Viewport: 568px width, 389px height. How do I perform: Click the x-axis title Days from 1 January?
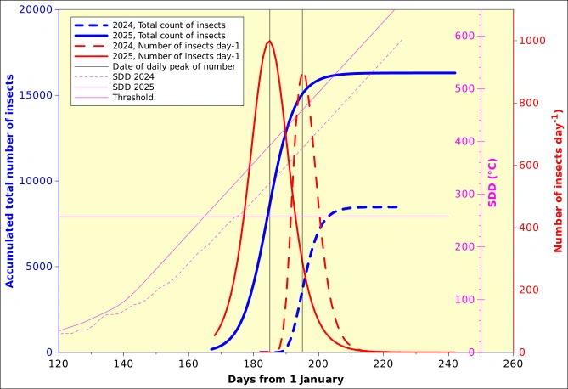[285, 379]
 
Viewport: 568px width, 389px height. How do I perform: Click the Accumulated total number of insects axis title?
[10, 181]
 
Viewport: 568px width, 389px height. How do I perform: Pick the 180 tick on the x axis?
[253, 363]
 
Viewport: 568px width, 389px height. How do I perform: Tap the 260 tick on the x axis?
[513, 363]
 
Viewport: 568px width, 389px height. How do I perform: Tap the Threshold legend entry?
[136, 97]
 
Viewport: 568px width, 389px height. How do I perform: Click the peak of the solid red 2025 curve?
[269, 41]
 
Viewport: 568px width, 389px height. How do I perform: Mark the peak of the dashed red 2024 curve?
[303, 75]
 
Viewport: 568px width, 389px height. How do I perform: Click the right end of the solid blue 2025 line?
[455, 73]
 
